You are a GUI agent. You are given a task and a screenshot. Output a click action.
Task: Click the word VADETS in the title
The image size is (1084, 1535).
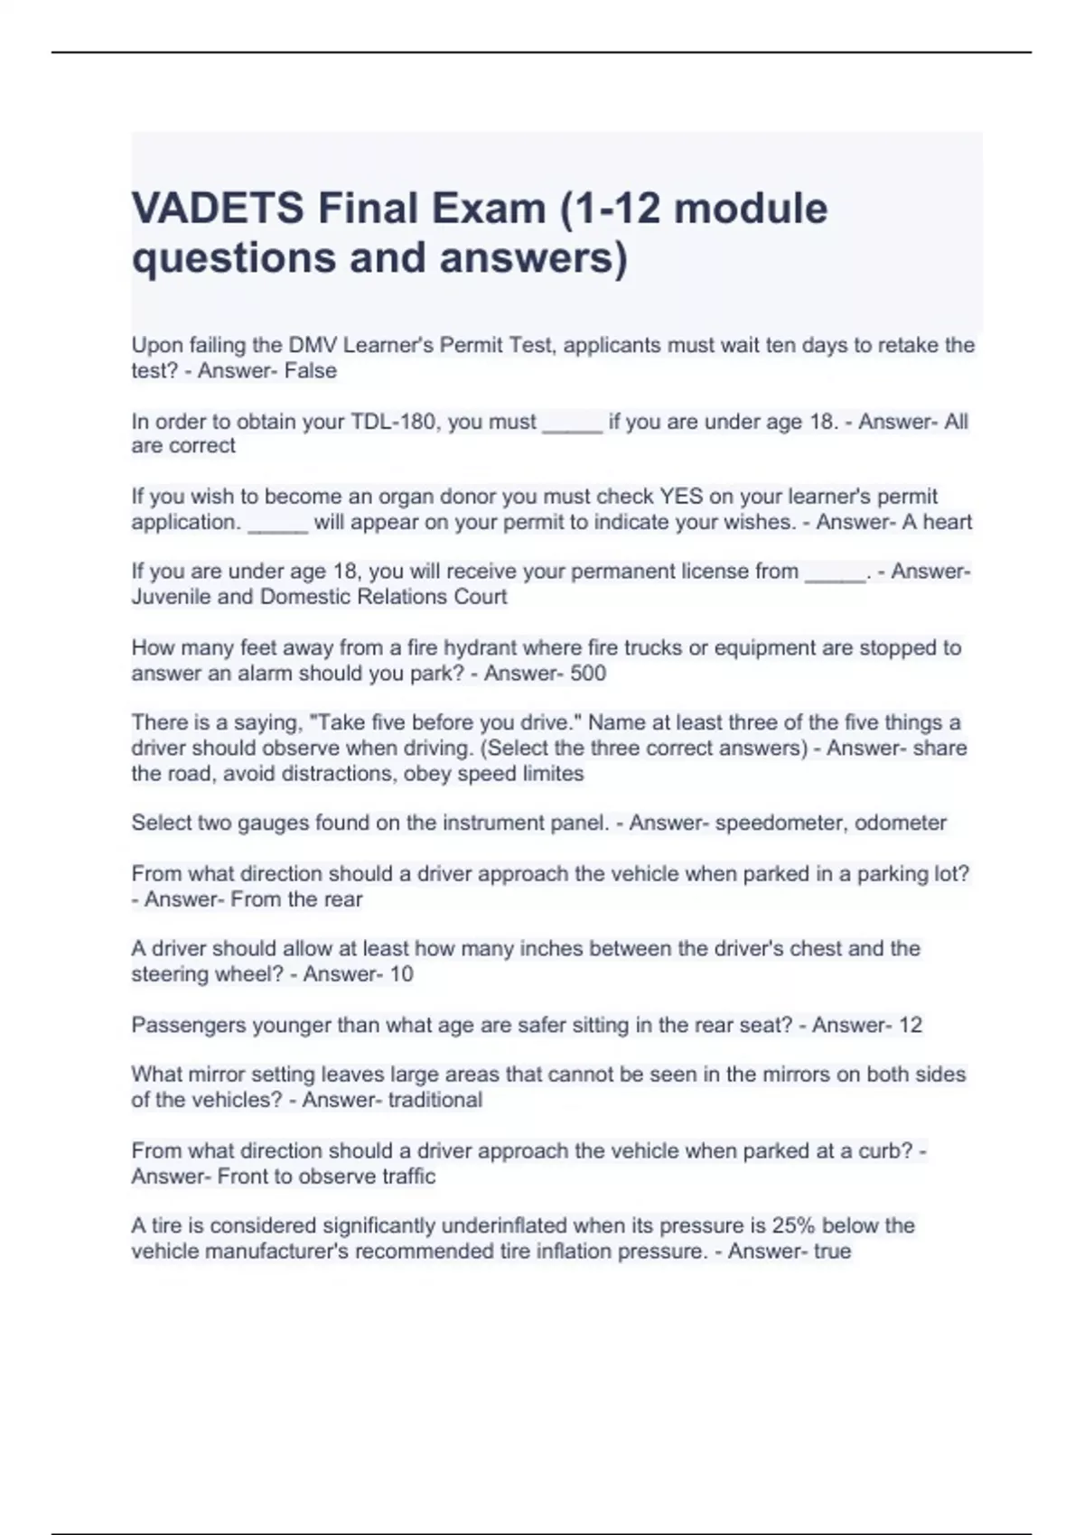pos(218,209)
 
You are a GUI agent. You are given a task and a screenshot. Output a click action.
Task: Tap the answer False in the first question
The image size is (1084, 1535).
pos(311,370)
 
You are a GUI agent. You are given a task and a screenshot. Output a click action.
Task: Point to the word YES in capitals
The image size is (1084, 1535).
pos(681,497)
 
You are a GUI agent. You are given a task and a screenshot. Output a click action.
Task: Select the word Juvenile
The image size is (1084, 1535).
pos(176,597)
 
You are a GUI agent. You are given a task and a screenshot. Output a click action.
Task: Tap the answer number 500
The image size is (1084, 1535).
pos(588,674)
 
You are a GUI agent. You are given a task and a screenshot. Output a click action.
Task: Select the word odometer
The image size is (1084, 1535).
pos(901,823)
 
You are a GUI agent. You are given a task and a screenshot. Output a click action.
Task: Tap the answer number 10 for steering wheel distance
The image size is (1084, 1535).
pos(401,974)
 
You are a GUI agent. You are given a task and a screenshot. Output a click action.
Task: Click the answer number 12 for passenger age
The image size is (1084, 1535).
pos(910,1026)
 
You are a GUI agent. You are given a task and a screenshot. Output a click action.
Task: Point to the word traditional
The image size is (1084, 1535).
pos(435,1100)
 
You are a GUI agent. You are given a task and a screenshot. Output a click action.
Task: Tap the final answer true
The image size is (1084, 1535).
pos(832,1251)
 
